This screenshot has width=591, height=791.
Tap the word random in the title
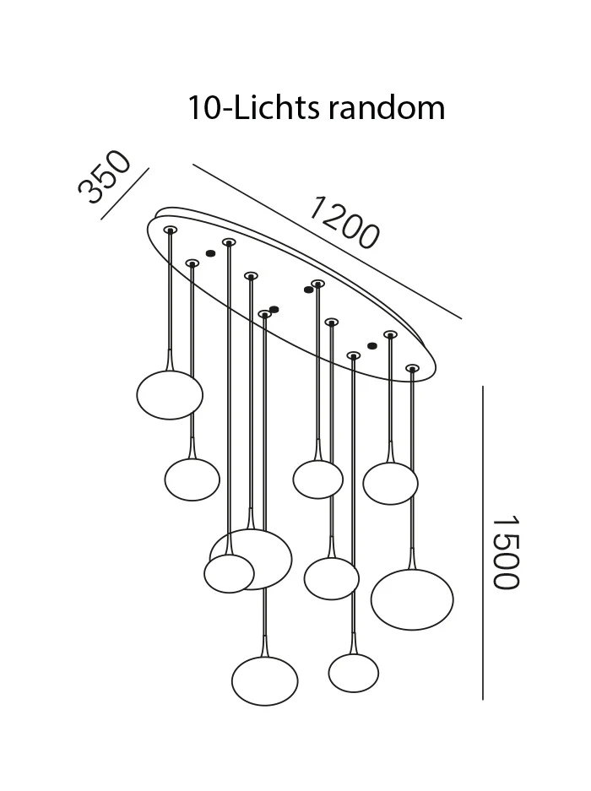pos(387,107)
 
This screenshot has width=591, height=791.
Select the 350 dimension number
pos(105,177)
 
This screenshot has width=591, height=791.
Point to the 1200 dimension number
pos(344,223)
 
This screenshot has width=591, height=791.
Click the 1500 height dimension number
pos(505,552)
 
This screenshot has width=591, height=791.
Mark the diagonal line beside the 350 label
pos(125,193)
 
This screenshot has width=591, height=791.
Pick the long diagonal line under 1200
pos(327,241)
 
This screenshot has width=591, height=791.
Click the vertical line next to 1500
pos(482,543)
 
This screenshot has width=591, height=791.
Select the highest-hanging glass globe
pos(170,394)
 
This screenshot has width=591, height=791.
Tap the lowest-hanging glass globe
pos(265,680)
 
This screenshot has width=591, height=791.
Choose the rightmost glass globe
pos(412,599)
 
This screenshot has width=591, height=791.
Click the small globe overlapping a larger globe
pos(229,573)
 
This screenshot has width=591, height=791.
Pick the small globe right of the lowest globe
pos(353,673)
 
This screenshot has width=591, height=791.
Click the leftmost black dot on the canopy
pos(210,253)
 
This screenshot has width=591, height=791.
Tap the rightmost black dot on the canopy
pos(372,346)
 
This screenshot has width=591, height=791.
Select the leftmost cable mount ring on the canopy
pos(170,230)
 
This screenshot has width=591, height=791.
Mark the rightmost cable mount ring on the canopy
pos(412,368)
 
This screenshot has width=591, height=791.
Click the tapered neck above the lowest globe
pos(265,646)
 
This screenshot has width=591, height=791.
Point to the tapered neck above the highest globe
pos(170,359)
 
